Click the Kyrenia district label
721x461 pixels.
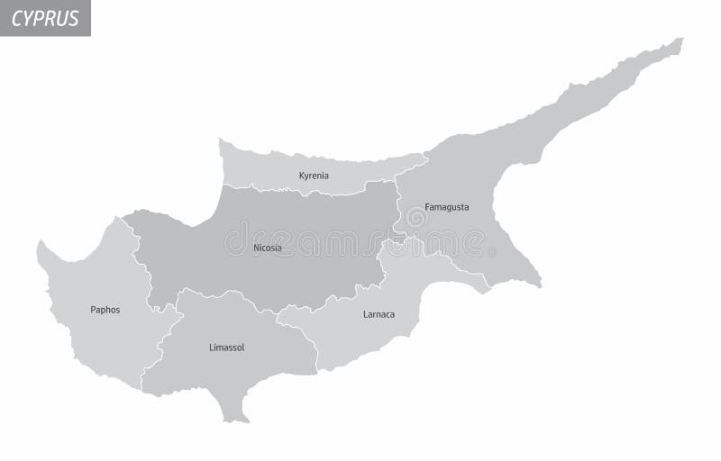(x=314, y=176)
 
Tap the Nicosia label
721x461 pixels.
(x=267, y=248)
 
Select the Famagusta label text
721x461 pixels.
(x=446, y=207)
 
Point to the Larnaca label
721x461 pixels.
(x=379, y=314)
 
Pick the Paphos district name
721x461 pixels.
(x=105, y=310)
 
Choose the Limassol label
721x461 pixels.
(x=226, y=348)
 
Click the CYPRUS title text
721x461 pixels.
(x=45, y=18)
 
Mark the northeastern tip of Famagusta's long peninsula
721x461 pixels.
(x=681, y=40)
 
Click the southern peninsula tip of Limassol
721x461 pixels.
(x=236, y=420)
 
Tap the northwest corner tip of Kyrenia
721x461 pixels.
(x=221, y=140)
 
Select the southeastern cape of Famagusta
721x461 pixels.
(x=539, y=285)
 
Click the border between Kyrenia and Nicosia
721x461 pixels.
(x=306, y=191)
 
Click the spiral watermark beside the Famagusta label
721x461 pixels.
(x=415, y=217)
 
